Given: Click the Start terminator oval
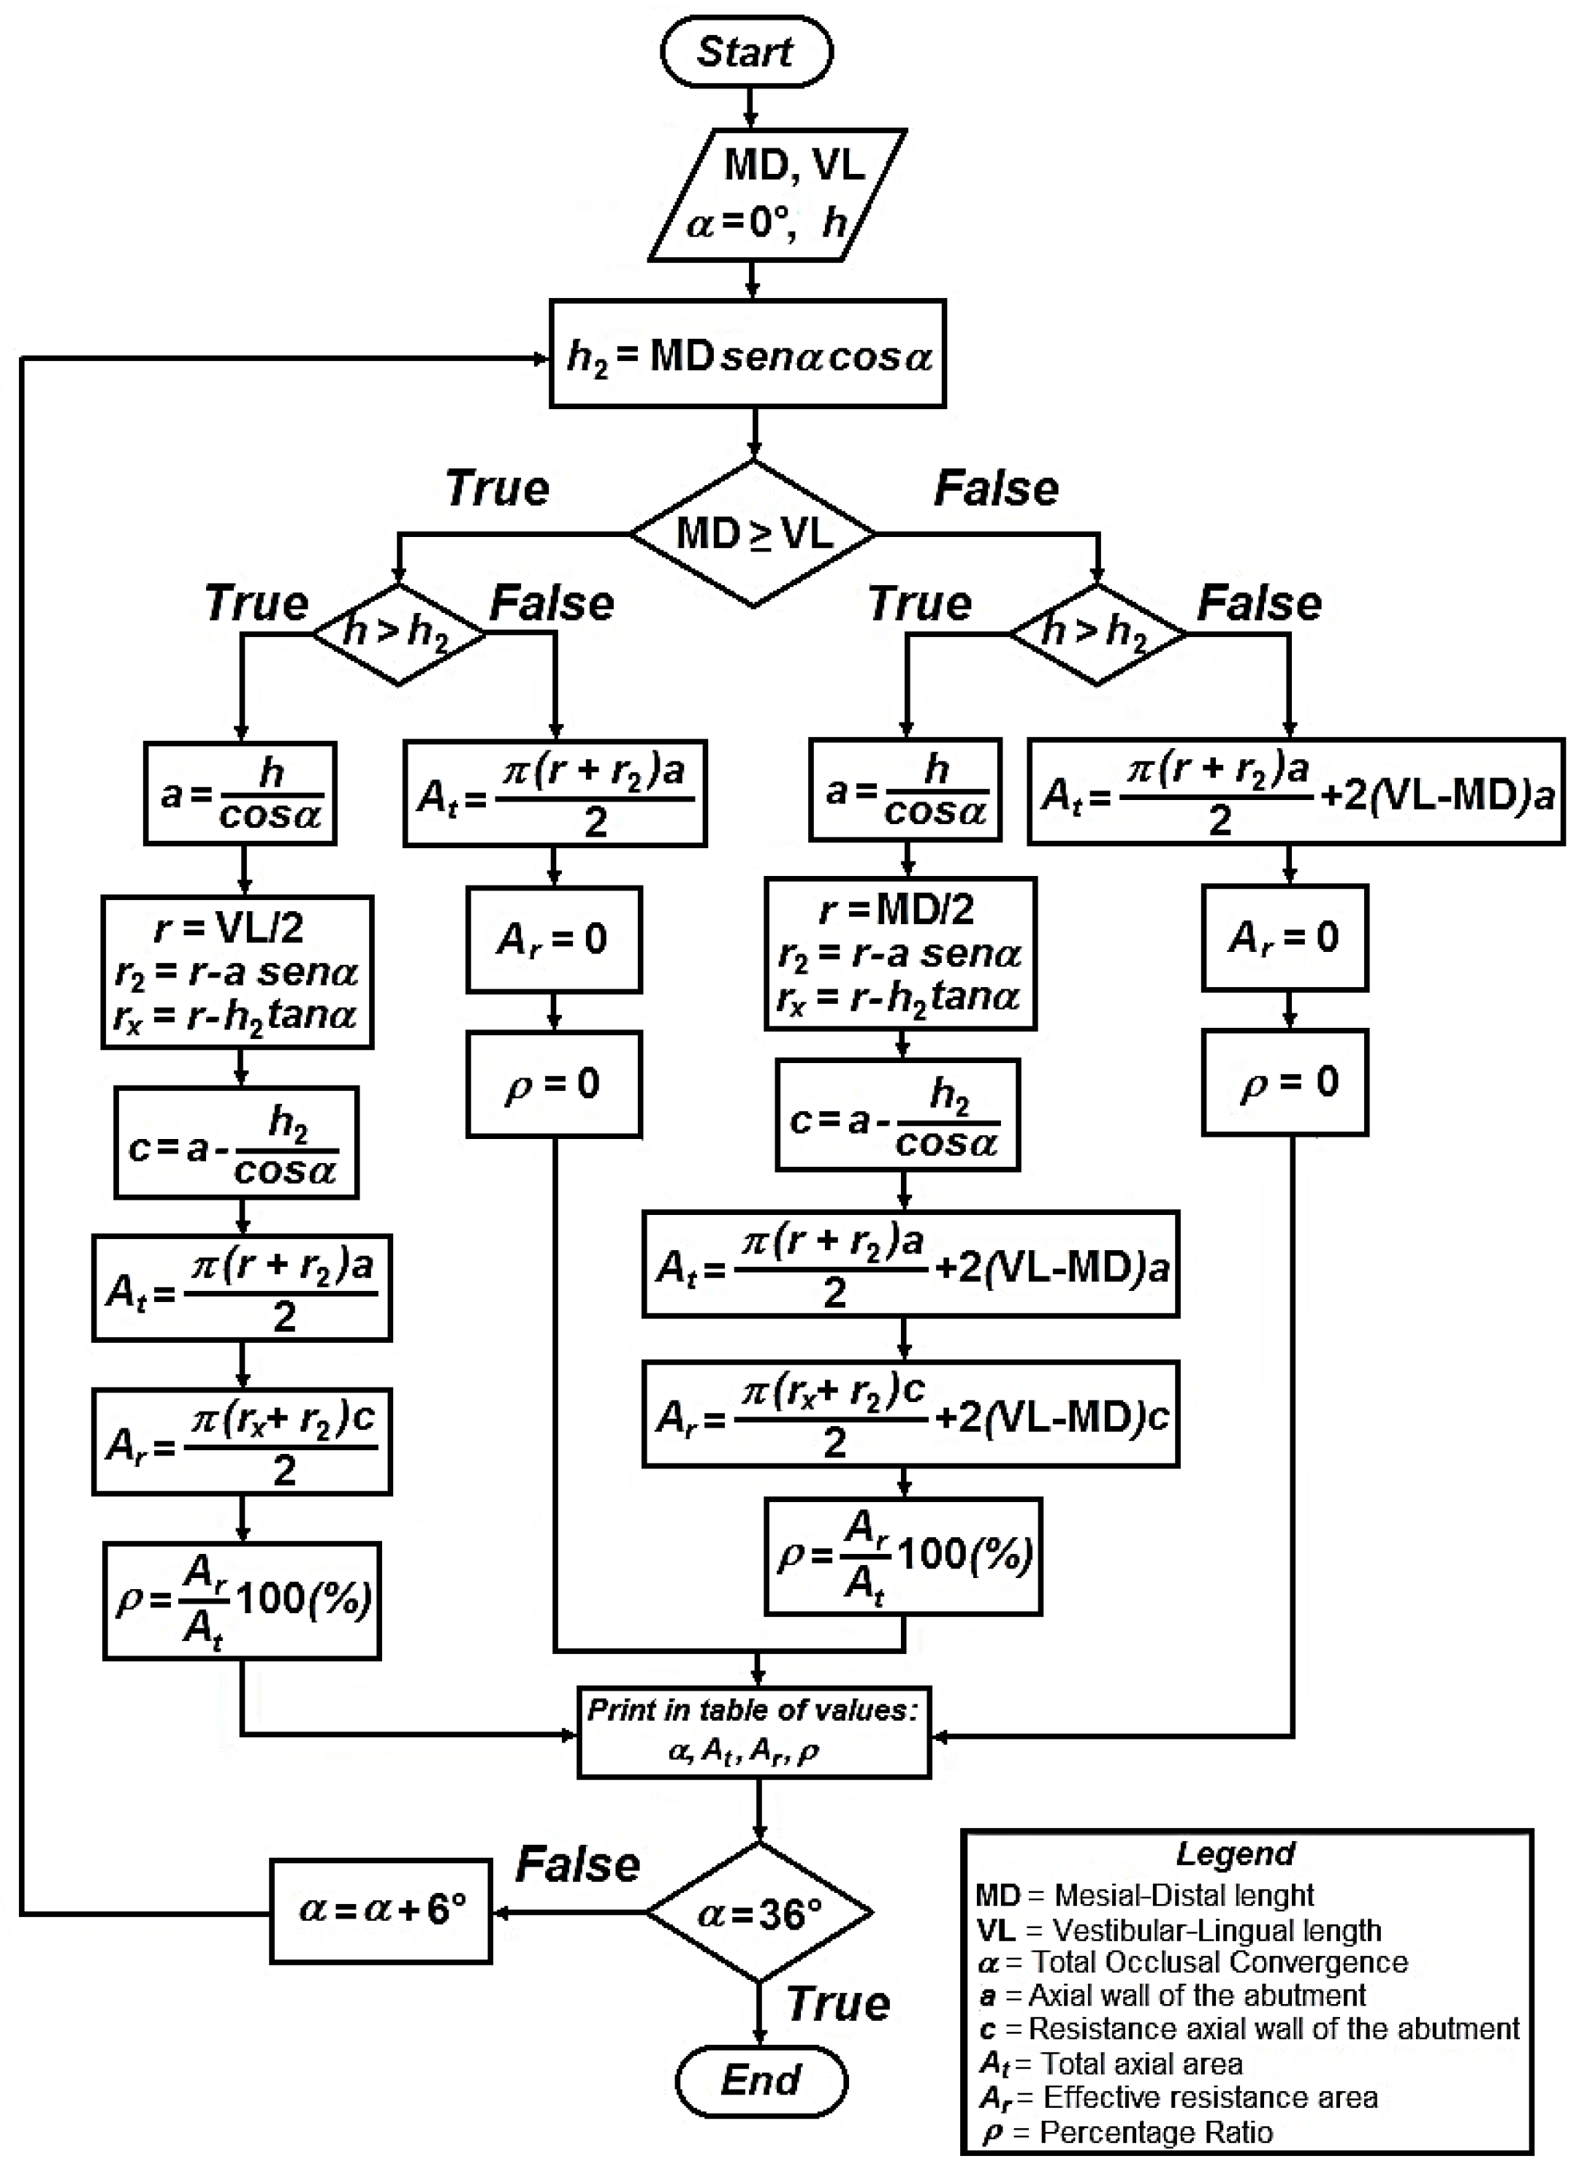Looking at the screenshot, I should [745, 52].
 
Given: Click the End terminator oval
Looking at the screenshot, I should [761, 2081].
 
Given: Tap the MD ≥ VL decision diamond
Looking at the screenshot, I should [753, 533].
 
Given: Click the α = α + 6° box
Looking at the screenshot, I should [381, 1911].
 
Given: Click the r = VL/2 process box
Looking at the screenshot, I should [237, 972].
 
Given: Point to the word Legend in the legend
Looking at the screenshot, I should [1235, 1854].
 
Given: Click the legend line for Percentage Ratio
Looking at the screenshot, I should [1132, 2132].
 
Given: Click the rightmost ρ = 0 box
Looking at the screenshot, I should [1285, 1083].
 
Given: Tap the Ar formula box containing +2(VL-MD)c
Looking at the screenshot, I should [910, 1414].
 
